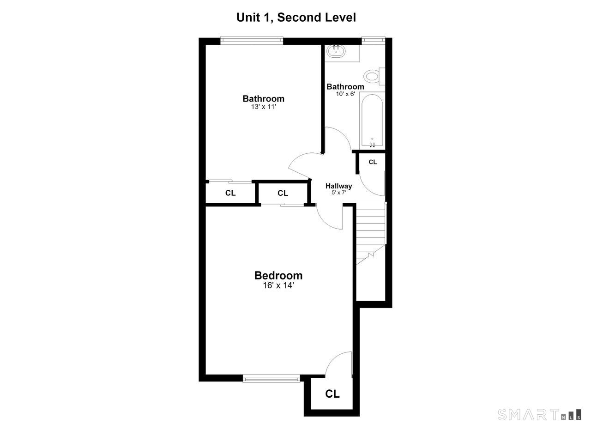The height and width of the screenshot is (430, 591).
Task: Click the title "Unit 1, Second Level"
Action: [x=296, y=18]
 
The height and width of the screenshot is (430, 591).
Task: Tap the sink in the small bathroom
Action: [x=336, y=51]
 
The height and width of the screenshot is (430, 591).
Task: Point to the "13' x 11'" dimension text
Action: [x=264, y=107]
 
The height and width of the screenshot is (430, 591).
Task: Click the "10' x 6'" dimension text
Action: [x=345, y=94]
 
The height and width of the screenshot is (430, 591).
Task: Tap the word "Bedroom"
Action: [x=278, y=276]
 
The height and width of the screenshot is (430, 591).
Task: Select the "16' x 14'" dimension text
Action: [x=278, y=285]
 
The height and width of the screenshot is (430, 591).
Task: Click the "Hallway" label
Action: [x=339, y=186]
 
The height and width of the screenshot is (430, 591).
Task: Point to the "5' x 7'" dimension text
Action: [x=339, y=193]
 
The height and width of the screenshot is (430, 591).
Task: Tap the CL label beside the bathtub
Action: [x=373, y=162]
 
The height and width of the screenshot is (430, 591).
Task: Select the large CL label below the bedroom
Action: [x=332, y=394]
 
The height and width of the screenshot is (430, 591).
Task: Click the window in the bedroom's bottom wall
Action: [x=271, y=379]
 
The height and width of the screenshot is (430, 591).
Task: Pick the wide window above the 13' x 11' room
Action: [x=252, y=40]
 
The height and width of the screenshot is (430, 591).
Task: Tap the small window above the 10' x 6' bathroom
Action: [x=373, y=40]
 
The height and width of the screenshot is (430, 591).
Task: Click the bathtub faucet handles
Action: [x=372, y=145]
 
